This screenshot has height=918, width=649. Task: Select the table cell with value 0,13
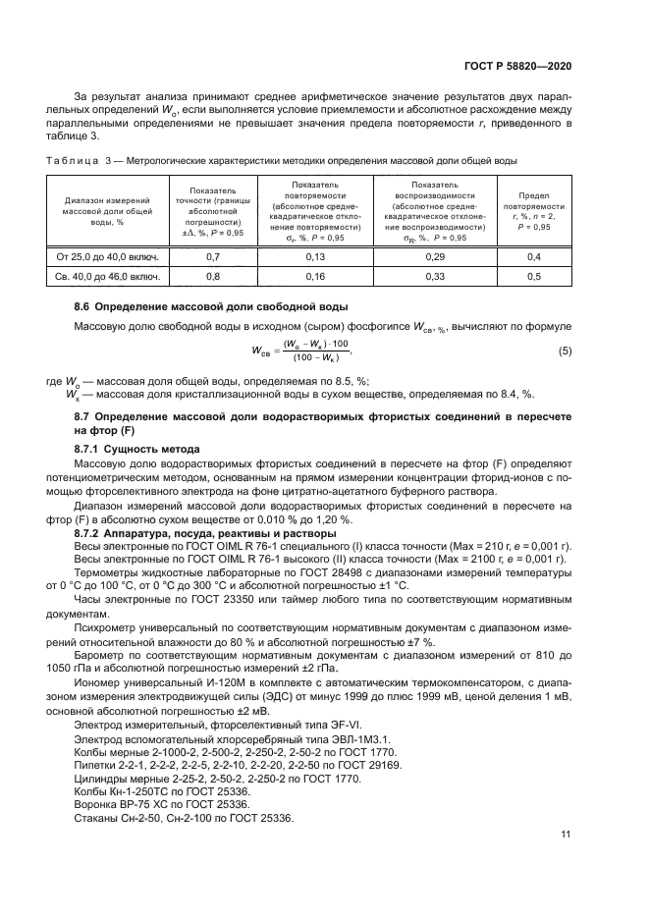click(315, 256)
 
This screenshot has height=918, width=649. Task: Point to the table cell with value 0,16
click(315, 277)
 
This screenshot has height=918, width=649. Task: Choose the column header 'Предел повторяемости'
click(533, 208)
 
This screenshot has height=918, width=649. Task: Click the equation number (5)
click(565, 351)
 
